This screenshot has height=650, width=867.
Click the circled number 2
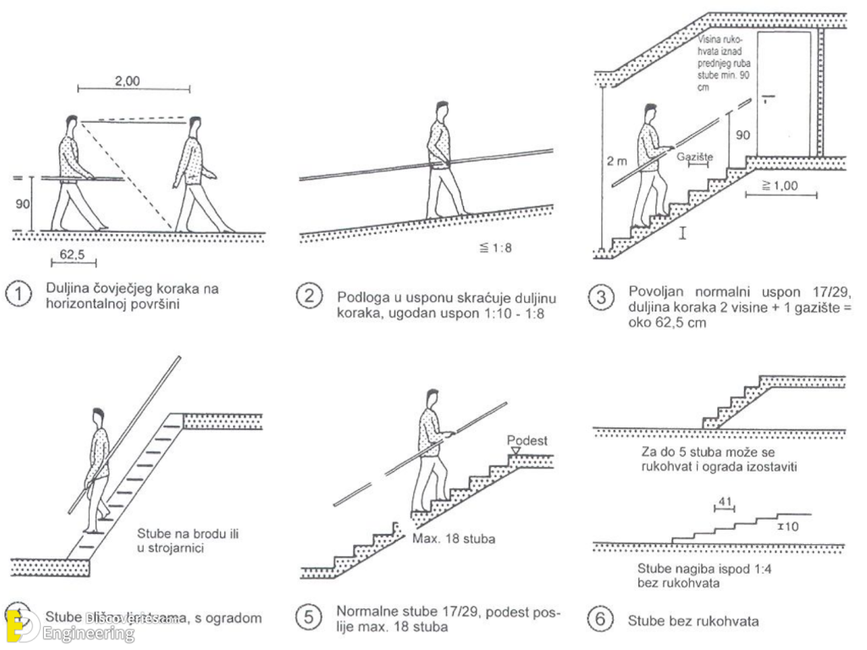[x=309, y=298]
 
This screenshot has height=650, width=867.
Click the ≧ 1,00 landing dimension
[x=781, y=185]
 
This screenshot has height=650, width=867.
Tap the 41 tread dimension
[x=724, y=501]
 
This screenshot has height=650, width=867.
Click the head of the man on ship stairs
[x=98, y=416]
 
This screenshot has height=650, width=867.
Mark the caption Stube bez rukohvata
[x=693, y=620]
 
